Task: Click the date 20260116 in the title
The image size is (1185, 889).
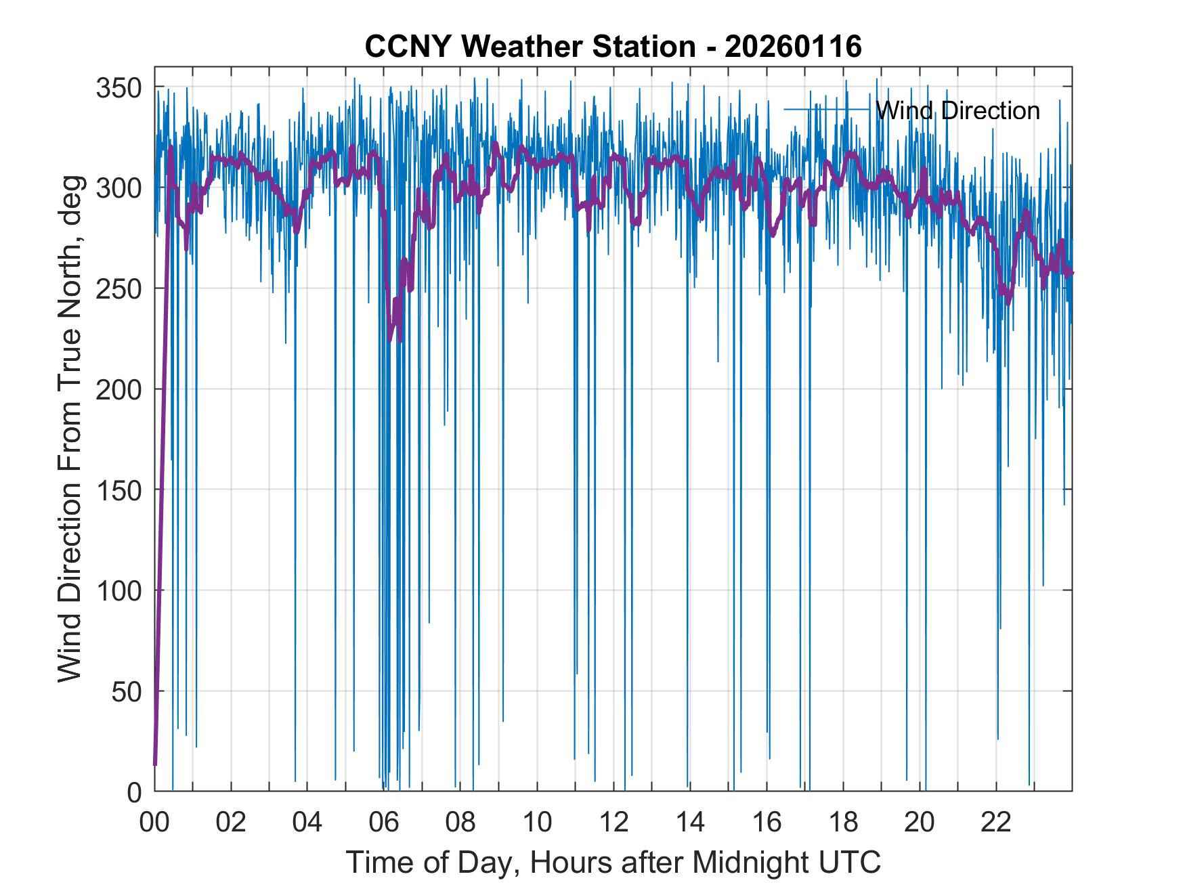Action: pos(793,47)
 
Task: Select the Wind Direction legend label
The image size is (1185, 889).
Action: pos(957,110)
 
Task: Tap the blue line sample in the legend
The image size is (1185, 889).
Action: pos(826,109)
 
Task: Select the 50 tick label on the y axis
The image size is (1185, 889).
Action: pos(127,691)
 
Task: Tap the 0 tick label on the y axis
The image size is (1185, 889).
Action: pos(135,792)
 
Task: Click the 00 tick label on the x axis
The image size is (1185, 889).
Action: pos(154,823)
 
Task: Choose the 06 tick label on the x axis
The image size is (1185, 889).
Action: pos(384,823)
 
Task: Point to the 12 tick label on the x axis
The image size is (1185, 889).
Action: pos(613,823)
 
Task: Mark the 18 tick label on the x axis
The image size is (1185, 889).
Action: pos(843,823)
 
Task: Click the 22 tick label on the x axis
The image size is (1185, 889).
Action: pos(996,823)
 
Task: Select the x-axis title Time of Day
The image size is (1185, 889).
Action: pos(433,863)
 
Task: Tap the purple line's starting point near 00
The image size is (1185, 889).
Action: pos(155,764)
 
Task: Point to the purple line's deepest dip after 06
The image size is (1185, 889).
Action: pos(390,339)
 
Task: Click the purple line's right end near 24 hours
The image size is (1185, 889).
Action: pos(1071,273)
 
